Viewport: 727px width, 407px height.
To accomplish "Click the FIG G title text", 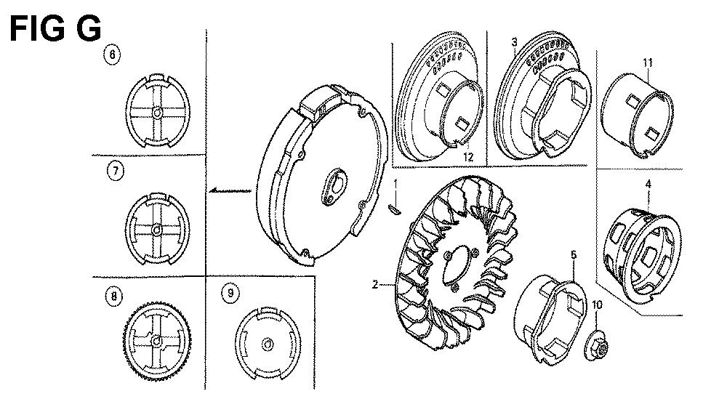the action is click(55, 29).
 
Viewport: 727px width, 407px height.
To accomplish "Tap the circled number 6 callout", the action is click(112, 55).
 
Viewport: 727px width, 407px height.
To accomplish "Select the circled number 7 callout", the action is click(116, 171).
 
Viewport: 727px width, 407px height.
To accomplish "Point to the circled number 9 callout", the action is click(230, 293).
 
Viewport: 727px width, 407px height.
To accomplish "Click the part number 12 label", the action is click(468, 157).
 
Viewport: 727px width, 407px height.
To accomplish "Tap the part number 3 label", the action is click(514, 42).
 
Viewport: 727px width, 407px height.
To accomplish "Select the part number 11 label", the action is click(648, 62).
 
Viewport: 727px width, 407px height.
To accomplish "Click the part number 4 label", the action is click(648, 185).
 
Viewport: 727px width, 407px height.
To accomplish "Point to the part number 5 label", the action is click(574, 254).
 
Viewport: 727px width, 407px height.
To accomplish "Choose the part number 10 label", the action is click(597, 305).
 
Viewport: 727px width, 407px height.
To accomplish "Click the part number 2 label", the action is click(375, 284).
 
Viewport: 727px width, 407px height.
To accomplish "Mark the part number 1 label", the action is click(395, 184).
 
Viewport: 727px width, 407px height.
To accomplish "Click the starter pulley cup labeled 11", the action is click(636, 115).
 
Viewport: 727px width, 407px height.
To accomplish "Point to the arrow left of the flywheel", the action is click(229, 190).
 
